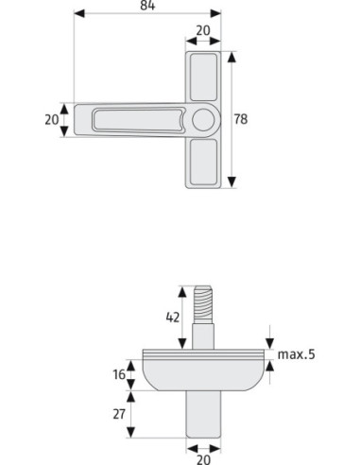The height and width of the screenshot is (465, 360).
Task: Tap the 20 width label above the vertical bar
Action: [x=203, y=30]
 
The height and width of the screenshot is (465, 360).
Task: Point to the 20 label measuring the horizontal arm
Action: [x=52, y=120]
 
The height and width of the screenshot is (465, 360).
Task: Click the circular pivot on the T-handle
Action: [x=203, y=120]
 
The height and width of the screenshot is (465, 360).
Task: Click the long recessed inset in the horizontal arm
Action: [x=133, y=120]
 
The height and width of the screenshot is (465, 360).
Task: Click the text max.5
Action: [x=296, y=355]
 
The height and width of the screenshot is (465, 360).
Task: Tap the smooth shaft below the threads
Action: [x=203, y=336]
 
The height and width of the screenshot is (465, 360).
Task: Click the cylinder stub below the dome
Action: [x=203, y=416]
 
